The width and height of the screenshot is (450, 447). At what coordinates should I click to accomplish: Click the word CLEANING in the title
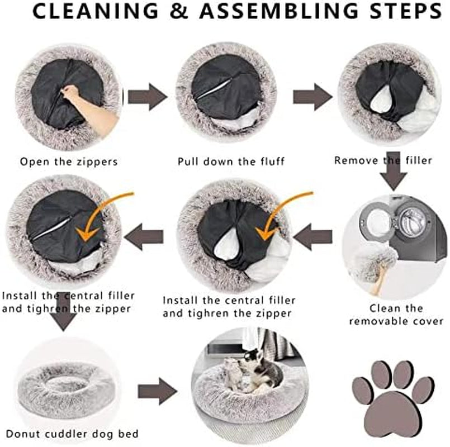pos(96,11)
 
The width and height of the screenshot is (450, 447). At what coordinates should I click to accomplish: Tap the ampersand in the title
pos(179,11)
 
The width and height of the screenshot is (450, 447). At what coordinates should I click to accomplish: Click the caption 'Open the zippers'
pos(69,161)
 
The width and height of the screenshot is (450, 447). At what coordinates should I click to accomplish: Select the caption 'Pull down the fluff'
pos(231,161)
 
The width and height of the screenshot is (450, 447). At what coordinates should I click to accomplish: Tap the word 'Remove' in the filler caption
pos(356,160)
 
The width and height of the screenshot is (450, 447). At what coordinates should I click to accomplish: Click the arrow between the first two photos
pos(148,97)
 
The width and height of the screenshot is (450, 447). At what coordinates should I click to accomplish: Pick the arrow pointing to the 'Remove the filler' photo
pos(312,97)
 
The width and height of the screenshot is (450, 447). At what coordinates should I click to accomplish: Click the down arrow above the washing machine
pos(394,172)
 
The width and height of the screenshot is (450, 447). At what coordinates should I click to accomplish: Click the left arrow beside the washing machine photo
pos(313,237)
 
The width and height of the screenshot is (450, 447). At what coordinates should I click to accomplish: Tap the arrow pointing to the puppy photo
pos(157,391)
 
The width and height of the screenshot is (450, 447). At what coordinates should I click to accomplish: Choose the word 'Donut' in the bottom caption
pos(23,434)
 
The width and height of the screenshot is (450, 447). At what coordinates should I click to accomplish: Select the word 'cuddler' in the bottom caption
pos(66,434)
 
